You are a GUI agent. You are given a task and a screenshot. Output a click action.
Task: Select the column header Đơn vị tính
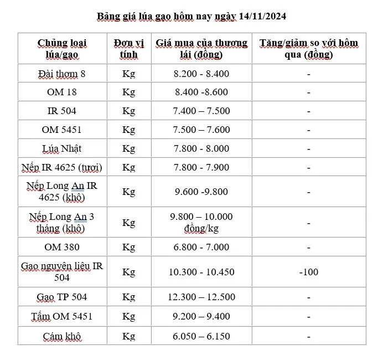(128, 49)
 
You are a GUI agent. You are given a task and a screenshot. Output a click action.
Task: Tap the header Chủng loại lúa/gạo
(62, 49)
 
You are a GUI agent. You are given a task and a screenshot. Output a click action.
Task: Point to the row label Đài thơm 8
(62, 74)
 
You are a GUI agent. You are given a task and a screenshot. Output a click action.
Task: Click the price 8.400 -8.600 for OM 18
(201, 92)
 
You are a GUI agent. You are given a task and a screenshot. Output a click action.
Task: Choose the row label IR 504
(62, 111)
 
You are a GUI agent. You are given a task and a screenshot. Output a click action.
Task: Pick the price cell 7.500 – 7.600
(201, 130)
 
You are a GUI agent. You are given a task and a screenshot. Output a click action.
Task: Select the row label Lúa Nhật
(62, 149)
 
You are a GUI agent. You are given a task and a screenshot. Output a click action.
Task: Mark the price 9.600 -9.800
(201, 192)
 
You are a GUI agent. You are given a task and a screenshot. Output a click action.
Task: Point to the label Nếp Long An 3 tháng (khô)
(62, 223)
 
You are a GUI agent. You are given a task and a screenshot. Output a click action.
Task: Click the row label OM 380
(62, 247)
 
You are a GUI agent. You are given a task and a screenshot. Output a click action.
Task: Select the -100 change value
(308, 272)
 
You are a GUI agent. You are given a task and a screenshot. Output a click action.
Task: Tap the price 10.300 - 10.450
(201, 272)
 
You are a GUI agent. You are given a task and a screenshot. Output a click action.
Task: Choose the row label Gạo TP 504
(62, 297)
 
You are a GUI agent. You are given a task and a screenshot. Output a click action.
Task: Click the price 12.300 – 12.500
(201, 297)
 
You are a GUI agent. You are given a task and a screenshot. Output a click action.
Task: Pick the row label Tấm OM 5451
(62, 317)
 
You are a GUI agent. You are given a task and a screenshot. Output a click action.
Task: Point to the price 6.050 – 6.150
(201, 336)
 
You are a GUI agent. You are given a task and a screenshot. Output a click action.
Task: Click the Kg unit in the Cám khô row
(128, 336)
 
